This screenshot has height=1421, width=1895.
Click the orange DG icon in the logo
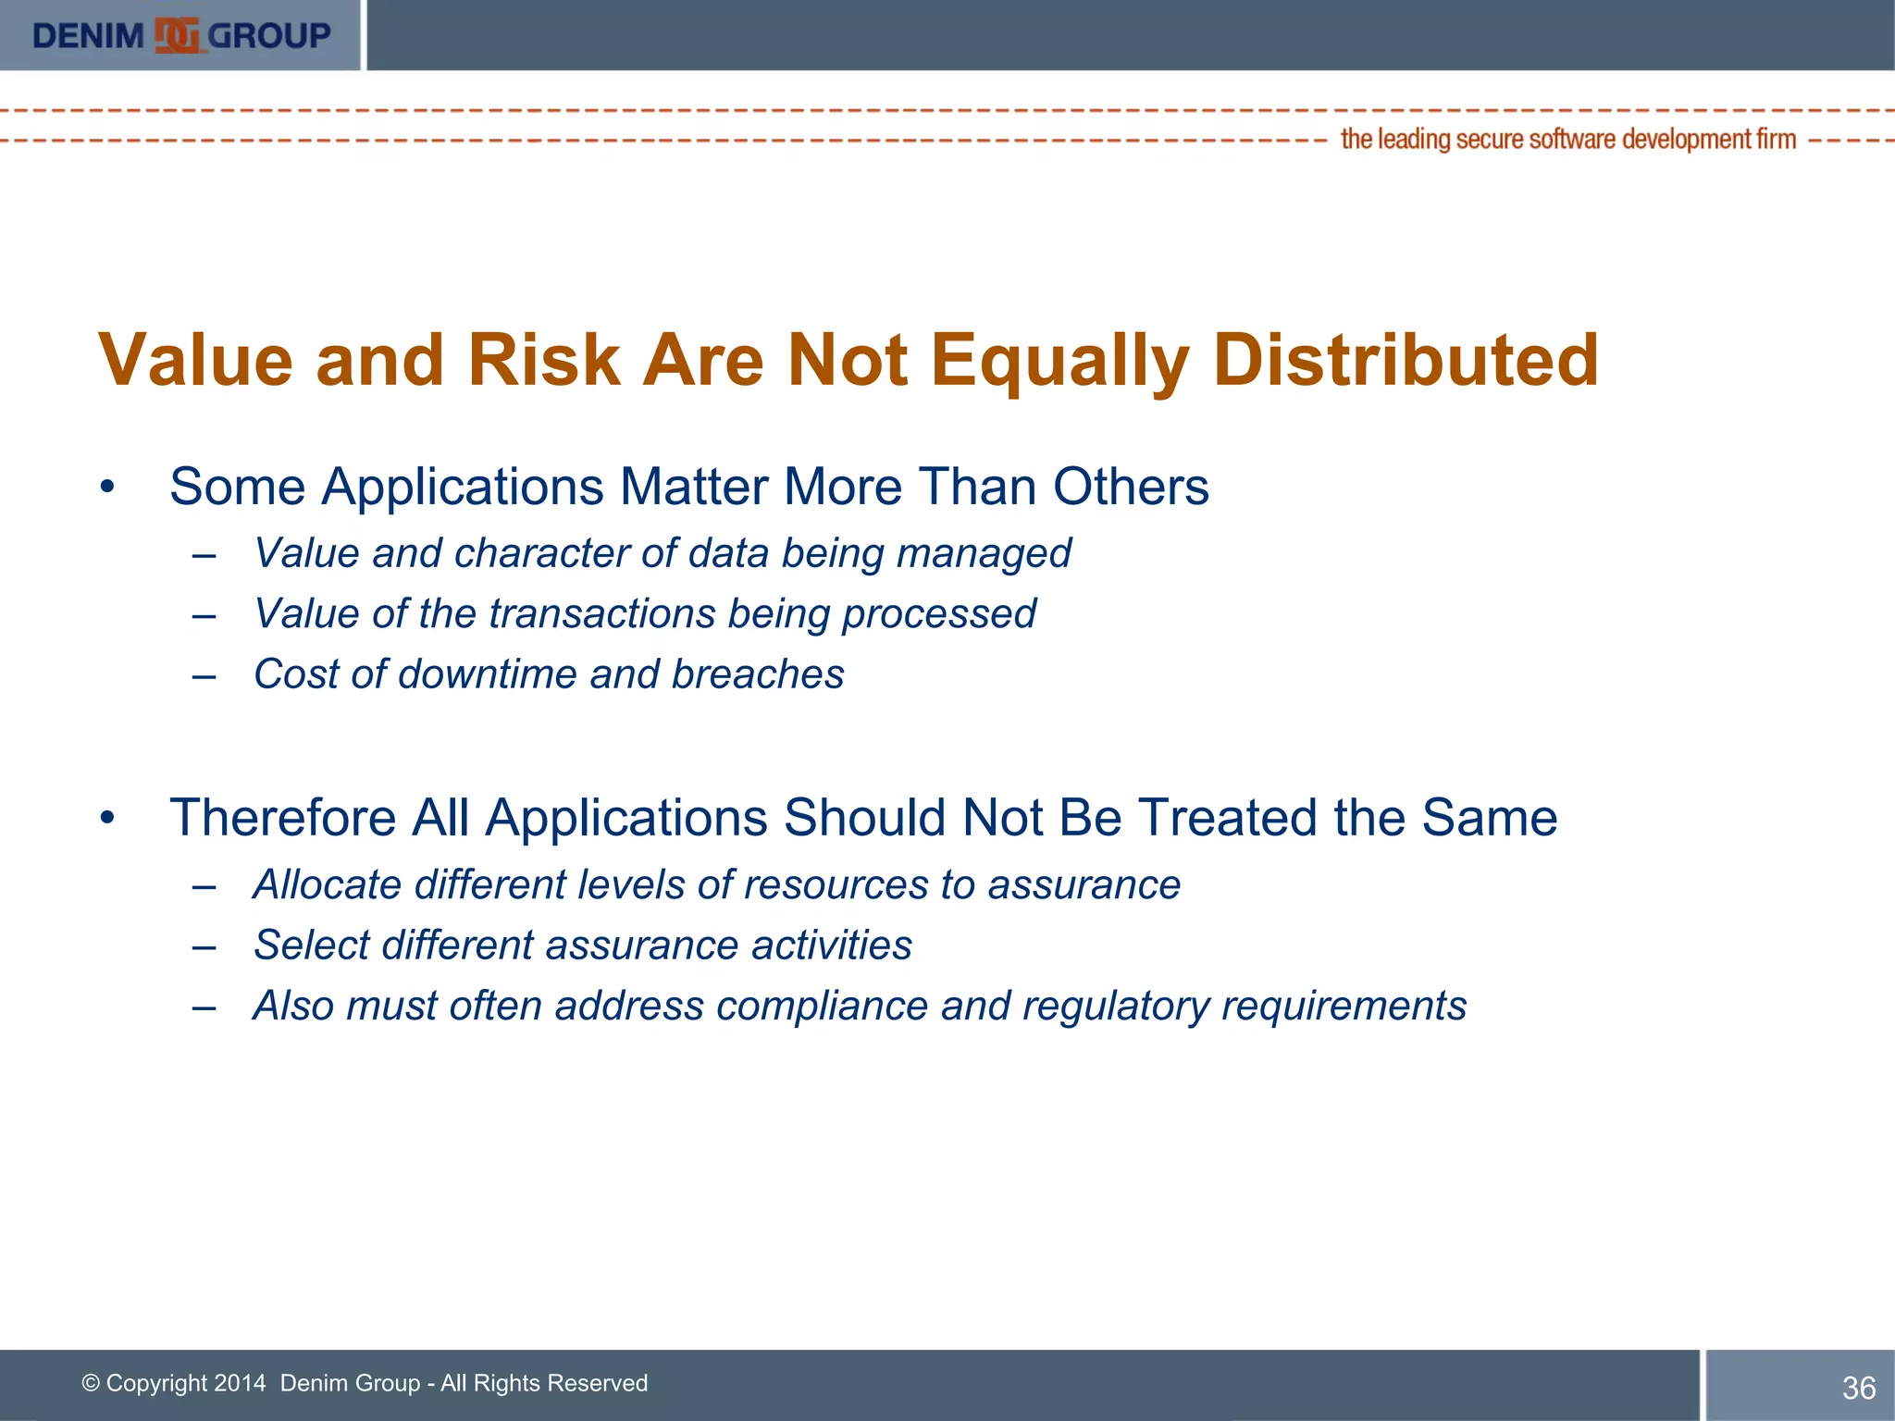[177, 35]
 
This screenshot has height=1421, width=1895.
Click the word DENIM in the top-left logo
[88, 36]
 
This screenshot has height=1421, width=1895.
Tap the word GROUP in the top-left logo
[268, 36]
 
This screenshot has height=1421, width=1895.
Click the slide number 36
[1858, 1388]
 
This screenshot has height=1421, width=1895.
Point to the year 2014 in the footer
[239, 1383]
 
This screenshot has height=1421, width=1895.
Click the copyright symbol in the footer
[91, 1383]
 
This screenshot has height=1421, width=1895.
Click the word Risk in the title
[543, 360]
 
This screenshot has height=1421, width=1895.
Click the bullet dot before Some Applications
[108, 487]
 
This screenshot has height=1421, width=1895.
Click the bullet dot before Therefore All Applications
[108, 818]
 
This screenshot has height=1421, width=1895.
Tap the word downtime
[488, 674]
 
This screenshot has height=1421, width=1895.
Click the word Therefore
[283, 818]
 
